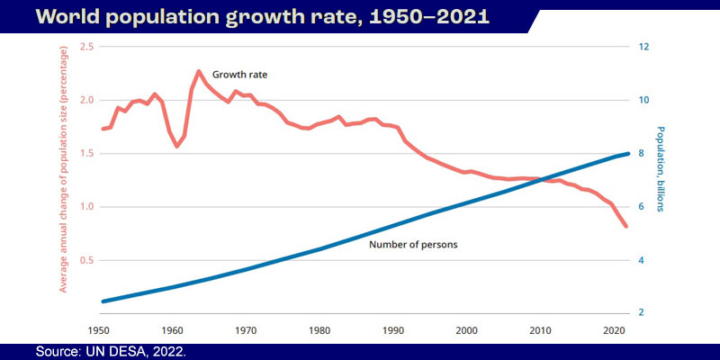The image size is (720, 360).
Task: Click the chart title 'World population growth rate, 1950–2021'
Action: [x=252, y=17]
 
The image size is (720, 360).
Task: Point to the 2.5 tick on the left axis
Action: [x=86, y=47]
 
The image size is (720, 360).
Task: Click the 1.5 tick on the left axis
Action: [x=86, y=154]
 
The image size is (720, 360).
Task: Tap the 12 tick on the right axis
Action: [x=644, y=47]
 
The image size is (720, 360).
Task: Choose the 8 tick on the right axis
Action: [x=642, y=154]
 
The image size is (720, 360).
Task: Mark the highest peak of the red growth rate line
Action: [x=198, y=71]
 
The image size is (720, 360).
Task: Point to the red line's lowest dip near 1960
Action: [x=177, y=146]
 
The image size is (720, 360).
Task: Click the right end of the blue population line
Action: [x=626, y=154]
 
